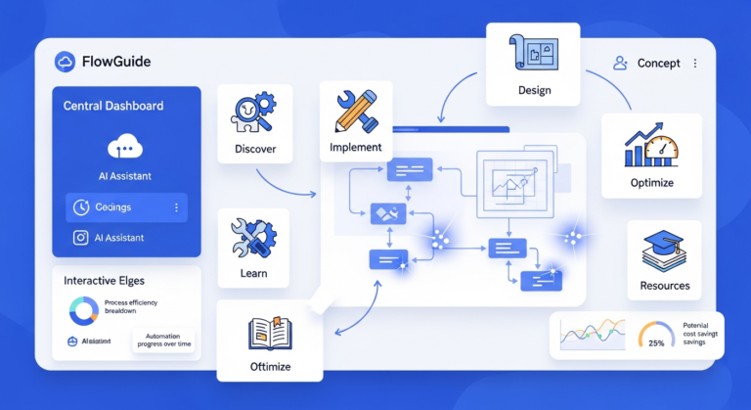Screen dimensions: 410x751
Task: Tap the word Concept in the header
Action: [x=658, y=63]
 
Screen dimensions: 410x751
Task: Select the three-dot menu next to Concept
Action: [x=695, y=63]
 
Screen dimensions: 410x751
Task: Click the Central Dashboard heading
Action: [x=113, y=105]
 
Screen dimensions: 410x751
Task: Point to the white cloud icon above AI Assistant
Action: [x=126, y=147]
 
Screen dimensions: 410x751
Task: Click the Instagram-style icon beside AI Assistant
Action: [x=81, y=238]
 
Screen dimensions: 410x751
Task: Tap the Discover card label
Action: [x=255, y=150]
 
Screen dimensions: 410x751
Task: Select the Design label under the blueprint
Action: [x=534, y=91]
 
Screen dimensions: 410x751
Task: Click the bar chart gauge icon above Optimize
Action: [x=650, y=148]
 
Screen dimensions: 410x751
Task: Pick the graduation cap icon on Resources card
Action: [x=664, y=250]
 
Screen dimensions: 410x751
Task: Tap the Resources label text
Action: [x=664, y=286]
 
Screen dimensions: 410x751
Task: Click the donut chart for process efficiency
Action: [x=83, y=309]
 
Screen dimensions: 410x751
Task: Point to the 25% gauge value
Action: [x=656, y=342]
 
